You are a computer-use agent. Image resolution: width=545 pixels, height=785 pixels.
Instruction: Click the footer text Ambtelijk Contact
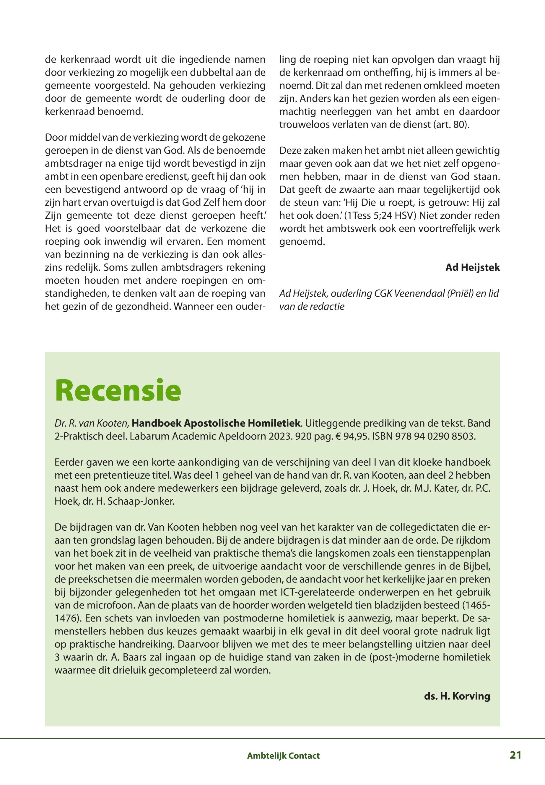283,756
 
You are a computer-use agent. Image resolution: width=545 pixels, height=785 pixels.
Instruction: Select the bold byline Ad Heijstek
472,267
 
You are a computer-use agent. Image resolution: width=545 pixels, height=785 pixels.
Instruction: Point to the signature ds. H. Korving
457,696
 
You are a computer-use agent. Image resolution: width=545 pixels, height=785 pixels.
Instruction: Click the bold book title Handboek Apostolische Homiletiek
216,423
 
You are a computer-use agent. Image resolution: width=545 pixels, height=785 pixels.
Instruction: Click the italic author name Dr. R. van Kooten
92,423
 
